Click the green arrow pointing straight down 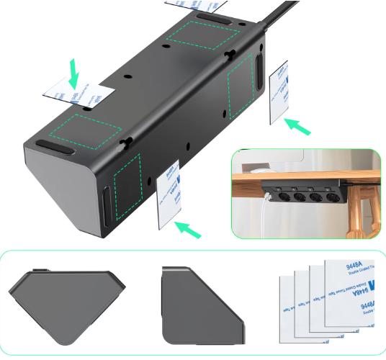click(73, 73)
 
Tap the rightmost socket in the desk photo click(333, 195)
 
